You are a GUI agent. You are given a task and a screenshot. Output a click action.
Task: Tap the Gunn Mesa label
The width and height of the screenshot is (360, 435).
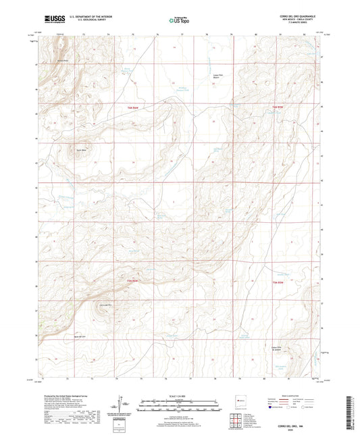point(82,150)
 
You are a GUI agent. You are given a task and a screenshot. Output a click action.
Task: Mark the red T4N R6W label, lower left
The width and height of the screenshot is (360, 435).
point(132,280)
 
